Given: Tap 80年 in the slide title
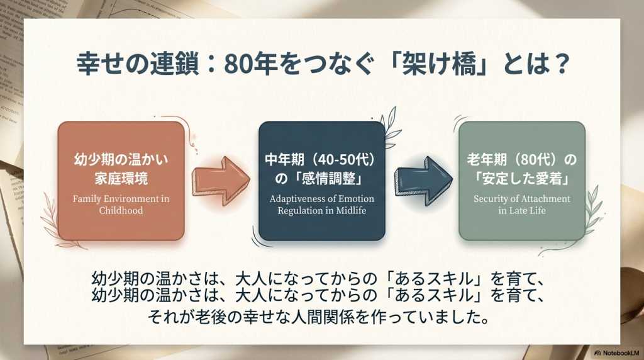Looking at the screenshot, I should click(x=241, y=64).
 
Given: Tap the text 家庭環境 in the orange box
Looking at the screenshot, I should click(x=121, y=179).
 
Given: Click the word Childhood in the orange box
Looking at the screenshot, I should click(x=121, y=211).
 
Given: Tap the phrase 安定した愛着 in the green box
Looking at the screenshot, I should click(x=521, y=179).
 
